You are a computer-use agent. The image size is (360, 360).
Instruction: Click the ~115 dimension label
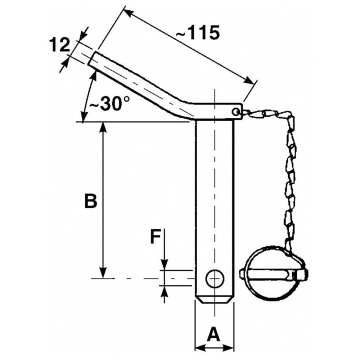coord(198,33)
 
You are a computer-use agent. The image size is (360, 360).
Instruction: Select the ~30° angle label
coord(109,104)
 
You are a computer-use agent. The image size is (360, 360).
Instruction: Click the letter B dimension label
coord(91,201)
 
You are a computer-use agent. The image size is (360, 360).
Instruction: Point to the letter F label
coord(155,237)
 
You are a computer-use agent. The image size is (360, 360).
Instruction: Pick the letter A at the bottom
coord(214,335)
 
